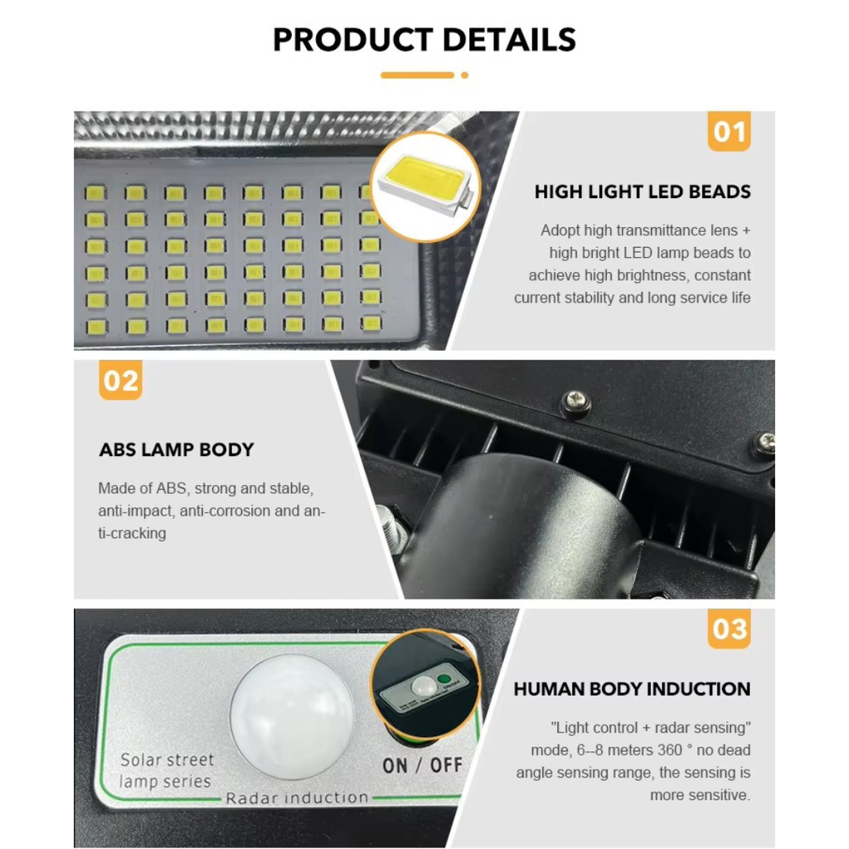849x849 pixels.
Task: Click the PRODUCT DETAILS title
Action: coord(424,40)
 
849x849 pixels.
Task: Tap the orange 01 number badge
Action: coord(729,132)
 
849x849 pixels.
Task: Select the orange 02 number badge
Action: coord(120,381)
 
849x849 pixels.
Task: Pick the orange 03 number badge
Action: coord(729,629)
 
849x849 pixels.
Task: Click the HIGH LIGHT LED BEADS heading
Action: coord(643,192)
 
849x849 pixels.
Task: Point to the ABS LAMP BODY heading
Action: coord(176,450)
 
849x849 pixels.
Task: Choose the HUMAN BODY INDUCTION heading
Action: coord(632,689)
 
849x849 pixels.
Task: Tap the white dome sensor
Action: coord(292,716)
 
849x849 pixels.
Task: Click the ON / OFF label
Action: coord(422,764)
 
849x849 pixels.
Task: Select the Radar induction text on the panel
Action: coord(297,798)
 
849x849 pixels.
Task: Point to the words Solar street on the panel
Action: coord(167,759)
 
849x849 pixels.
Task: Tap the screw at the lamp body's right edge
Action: coord(764,444)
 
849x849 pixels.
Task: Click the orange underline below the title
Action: coord(417,75)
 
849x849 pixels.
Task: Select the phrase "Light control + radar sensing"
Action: coord(651,728)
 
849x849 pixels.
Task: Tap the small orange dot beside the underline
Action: coord(464,75)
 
